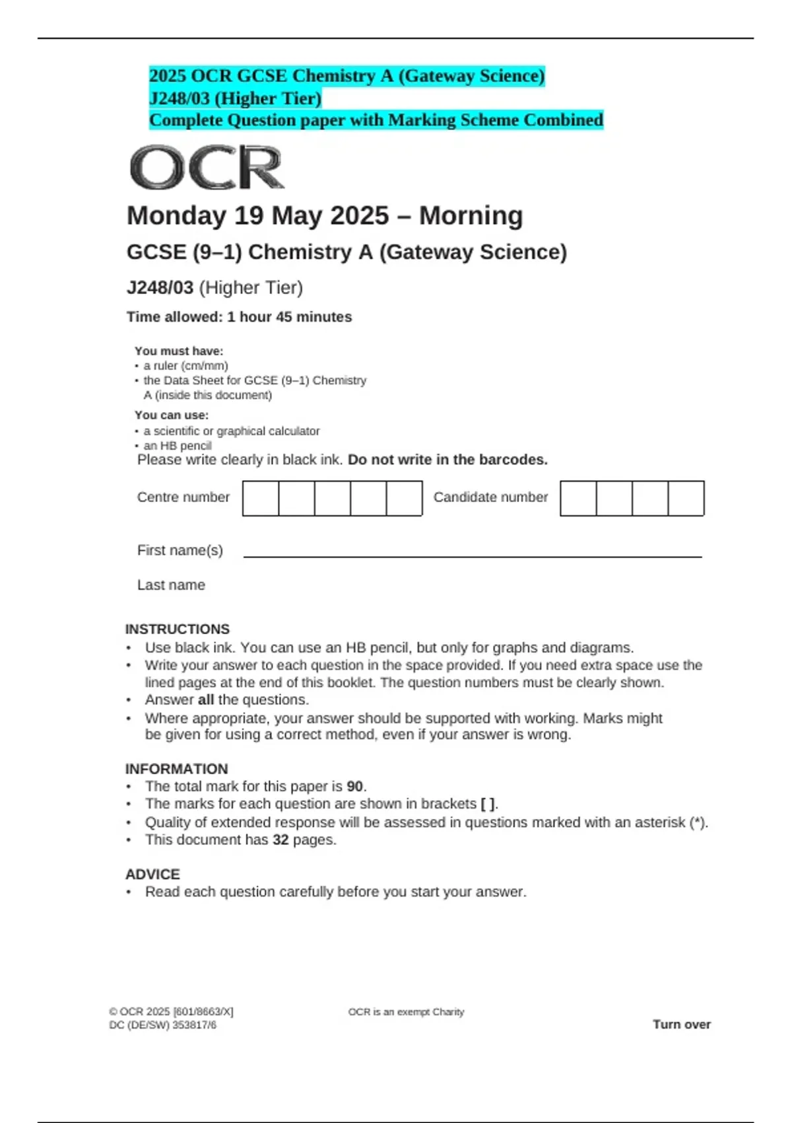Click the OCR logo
pos(207,168)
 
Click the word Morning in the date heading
pos(471,216)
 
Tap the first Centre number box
pos(261,498)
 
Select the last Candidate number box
pos(686,498)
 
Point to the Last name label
pos(171,585)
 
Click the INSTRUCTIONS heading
pos(178,629)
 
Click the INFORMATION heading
pos(176,769)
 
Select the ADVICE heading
pos(152,874)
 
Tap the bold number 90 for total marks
pos(354,787)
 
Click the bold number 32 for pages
pos(280,840)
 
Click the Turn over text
pos(681,1025)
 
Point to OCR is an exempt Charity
pos(406,1012)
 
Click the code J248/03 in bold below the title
pos(160,288)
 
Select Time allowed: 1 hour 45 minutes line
pos(239,317)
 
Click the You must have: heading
pos(179,351)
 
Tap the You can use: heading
pos(171,415)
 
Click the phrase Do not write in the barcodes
pos(447,460)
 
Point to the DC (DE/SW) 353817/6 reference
pos(162,1025)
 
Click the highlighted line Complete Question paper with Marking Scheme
pos(376,120)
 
